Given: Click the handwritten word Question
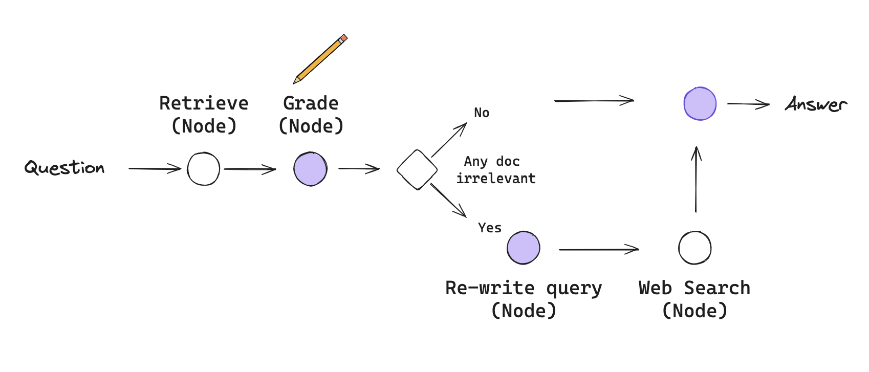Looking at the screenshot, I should [x=64, y=168].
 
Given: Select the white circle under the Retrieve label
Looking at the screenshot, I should [x=203, y=169].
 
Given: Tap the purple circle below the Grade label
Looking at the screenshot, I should [x=310, y=169].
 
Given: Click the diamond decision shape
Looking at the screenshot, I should [x=417, y=169].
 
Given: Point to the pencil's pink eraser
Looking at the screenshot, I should [x=343, y=38].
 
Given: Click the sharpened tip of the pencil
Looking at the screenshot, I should [x=295, y=81].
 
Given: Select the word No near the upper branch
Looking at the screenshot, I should [x=482, y=113].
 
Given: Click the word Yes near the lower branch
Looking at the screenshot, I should [x=490, y=228].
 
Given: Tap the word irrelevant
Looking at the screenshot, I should [x=496, y=179].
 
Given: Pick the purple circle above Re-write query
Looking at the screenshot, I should [x=523, y=248].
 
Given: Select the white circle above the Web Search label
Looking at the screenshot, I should [x=694, y=248].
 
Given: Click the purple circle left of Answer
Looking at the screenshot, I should [x=700, y=103].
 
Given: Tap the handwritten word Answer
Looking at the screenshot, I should [x=816, y=104].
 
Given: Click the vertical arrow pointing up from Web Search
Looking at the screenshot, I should [x=696, y=179].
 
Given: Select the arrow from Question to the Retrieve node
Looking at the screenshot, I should [x=155, y=168].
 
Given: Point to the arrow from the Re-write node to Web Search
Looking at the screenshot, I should [x=599, y=250].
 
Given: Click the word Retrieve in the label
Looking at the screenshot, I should [x=204, y=103].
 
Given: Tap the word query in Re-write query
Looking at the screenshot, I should [x=574, y=289].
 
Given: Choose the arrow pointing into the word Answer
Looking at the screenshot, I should [x=748, y=104].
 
